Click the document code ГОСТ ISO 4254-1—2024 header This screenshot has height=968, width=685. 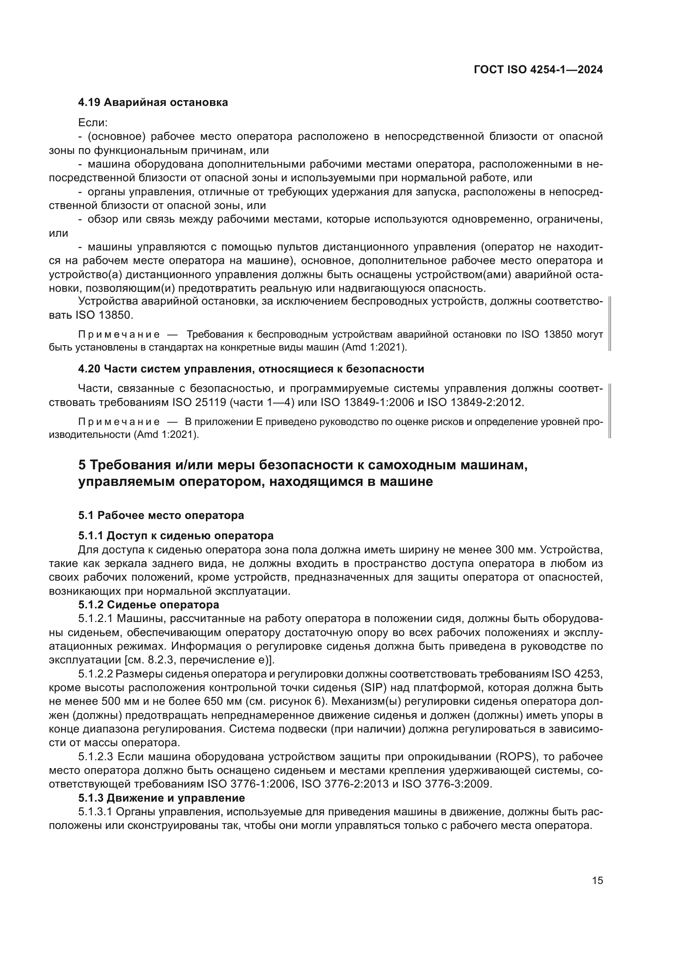538,70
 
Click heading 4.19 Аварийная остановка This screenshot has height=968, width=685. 153,103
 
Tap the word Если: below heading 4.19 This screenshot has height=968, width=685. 93,123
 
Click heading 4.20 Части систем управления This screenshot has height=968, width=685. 251,369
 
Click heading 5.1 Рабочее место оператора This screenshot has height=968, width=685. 161,515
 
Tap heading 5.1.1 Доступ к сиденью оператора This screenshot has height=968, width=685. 176,536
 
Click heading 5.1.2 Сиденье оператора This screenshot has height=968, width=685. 149,605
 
